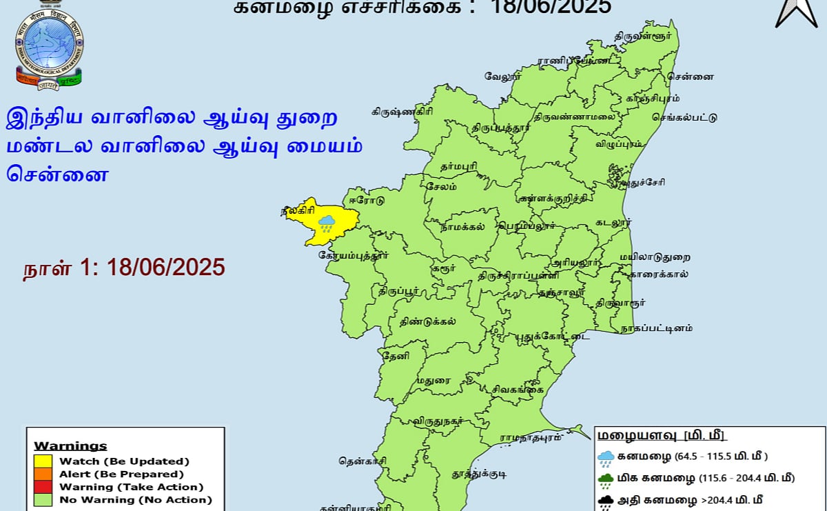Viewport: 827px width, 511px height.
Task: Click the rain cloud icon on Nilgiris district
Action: [x=327, y=222]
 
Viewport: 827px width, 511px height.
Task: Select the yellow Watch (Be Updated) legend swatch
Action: [x=43, y=461]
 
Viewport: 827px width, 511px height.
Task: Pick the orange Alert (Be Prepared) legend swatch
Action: [x=43, y=474]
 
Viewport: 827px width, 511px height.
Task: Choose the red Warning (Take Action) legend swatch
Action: [x=43, y=487]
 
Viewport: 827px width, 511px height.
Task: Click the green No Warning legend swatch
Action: [x=43, y=500]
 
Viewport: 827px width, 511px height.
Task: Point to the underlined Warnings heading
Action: [x=70, y=445]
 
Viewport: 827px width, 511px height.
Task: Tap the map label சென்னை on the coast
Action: [x=695, y=76]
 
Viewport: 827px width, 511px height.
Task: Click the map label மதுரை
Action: [x=433, y=379]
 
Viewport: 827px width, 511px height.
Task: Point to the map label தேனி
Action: [x=398, y=356]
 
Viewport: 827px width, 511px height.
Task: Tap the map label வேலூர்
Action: [x=501, y=76]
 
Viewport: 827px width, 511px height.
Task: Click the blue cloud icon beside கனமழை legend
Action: [x=606, y=457]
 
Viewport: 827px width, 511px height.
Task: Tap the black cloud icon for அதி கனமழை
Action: [x=606, y=501]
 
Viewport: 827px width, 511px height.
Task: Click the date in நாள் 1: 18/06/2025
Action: [x=165, y=267]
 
